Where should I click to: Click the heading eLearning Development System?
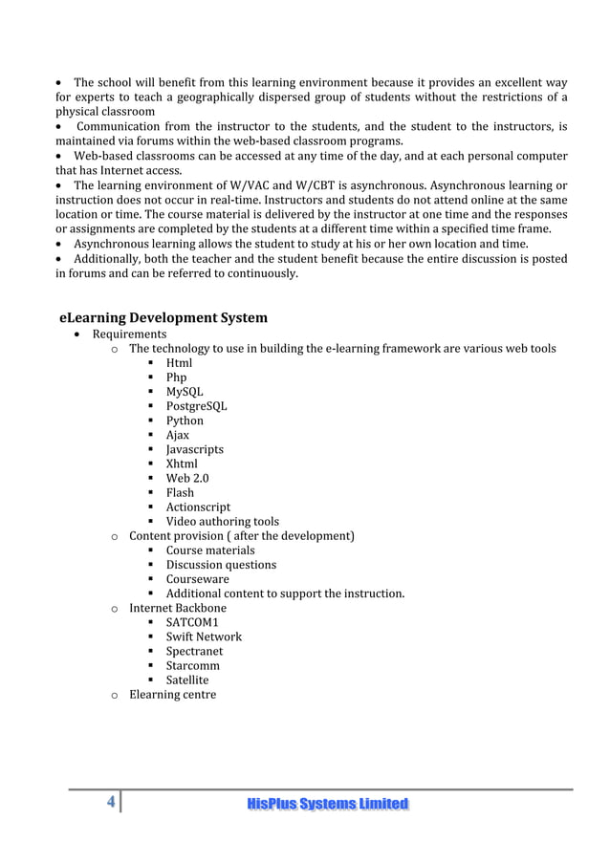[163, 317]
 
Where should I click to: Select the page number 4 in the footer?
[111, 803]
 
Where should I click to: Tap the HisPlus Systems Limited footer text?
[327, 804]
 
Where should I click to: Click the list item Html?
[179, 363]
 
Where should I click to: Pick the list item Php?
[177, 378]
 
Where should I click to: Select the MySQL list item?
[185, 392]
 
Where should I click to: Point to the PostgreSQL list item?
[196, 406]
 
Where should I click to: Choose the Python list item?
[185, 421]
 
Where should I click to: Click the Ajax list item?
[178, 435]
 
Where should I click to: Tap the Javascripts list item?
[195, 449]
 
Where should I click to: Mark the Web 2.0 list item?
[187, 478]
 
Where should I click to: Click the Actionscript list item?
[198, 507]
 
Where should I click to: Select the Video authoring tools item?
[223, 522]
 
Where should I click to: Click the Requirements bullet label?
[129, 334]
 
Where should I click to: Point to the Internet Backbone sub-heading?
[178, 608]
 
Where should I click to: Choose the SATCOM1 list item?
[192, 622]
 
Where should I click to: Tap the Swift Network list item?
[204, 636]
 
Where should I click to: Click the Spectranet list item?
[194, 651]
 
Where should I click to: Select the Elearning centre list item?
[172, 694]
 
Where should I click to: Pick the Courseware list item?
[198, 579]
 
